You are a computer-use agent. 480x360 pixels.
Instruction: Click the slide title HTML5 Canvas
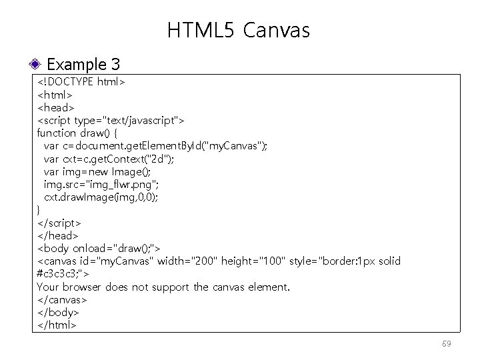tap(239, 30)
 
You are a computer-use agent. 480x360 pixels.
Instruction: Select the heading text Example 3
tap(83, 65)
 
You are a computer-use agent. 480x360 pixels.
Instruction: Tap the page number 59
tap(446, 344)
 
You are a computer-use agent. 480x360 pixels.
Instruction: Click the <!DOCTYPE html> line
tap(81, 83)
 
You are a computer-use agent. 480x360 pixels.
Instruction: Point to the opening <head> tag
tap(55, 107)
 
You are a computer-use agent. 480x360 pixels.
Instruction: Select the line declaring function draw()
tap(77, 133)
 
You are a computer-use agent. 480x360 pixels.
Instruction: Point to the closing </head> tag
tap(57, 235)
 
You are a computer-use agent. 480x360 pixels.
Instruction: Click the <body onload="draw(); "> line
tap(98, 249)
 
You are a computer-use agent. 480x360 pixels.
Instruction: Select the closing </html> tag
tap(57, 325)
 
